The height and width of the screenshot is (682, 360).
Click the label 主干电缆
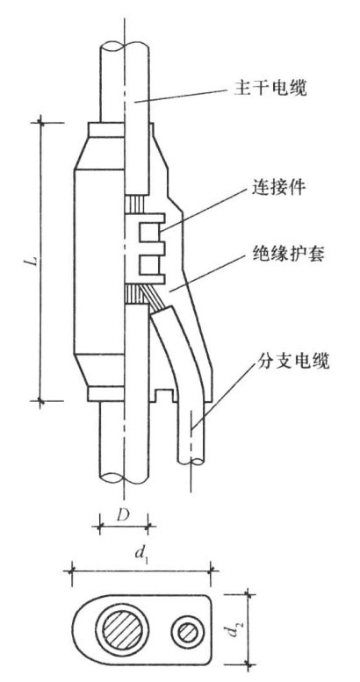coord(268,90)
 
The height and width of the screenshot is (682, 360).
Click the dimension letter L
coord(35,261)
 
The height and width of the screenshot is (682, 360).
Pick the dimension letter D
coord(124,516)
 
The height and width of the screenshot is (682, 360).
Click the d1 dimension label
coord(140,555)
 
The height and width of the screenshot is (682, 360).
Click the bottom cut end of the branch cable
coord(191,461)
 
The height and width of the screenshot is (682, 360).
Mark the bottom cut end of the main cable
coord(125,477)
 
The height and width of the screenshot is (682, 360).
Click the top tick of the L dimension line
coord(41,123)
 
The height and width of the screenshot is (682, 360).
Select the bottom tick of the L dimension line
coord(41,400)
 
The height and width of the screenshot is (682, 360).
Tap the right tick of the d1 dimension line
coord(212,568)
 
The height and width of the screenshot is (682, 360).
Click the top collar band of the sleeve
coord(105,129)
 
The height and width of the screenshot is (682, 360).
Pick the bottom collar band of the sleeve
coord(105,393)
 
